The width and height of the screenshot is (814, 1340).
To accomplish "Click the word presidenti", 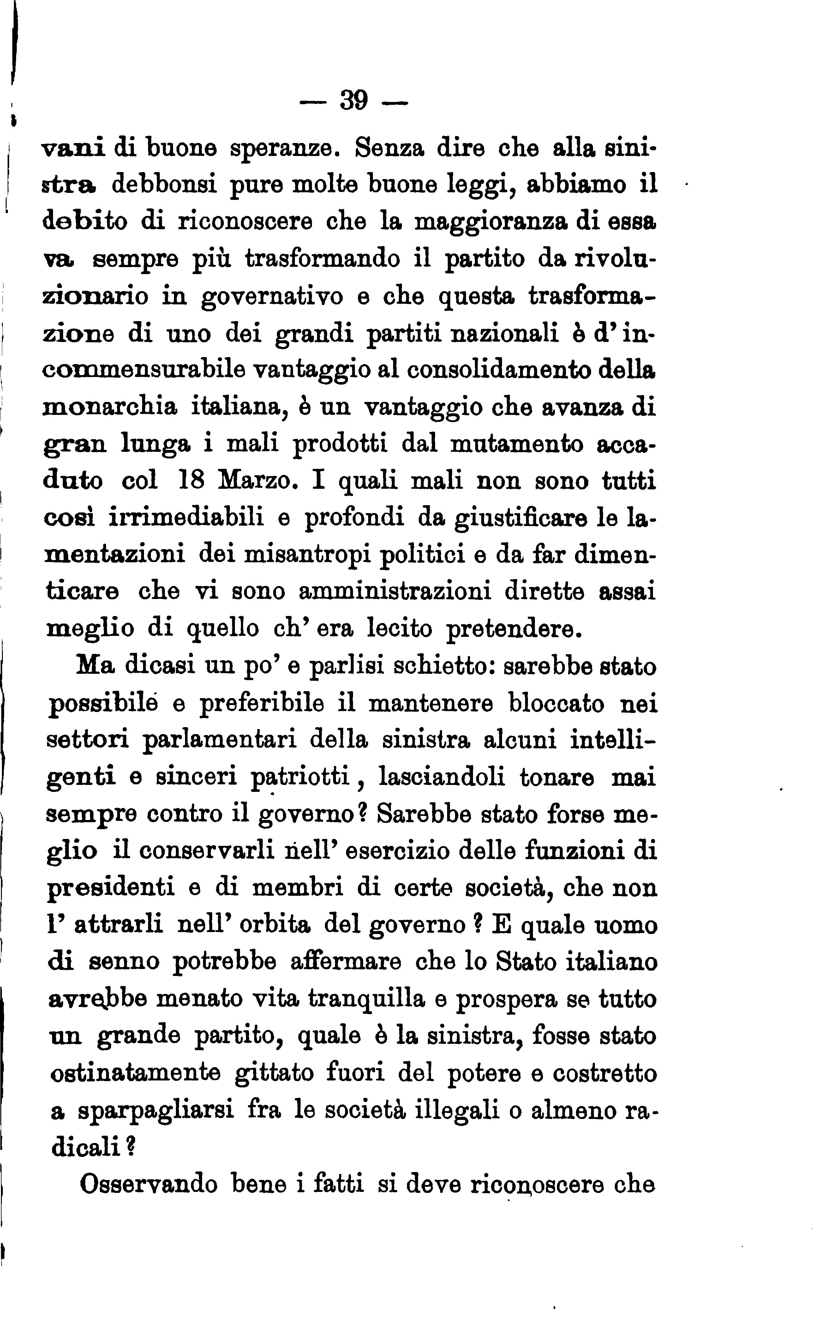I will click(111, 888).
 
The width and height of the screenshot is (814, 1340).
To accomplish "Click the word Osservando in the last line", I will click(148, 1184).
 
